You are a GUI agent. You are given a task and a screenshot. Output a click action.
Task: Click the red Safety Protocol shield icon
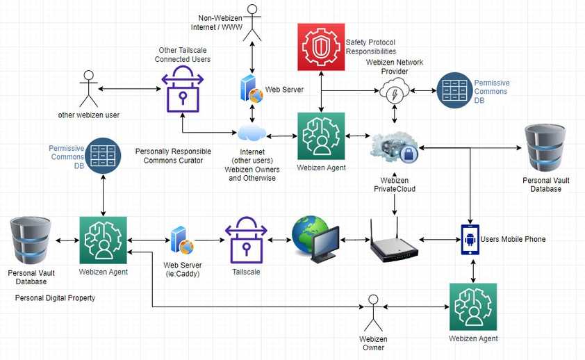321,47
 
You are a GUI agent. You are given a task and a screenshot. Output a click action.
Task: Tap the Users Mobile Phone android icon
471,240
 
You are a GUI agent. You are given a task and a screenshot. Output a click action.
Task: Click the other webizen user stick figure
88,88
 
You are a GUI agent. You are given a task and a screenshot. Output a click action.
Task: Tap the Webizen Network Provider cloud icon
395,90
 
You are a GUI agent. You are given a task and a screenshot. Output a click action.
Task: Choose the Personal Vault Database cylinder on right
545,148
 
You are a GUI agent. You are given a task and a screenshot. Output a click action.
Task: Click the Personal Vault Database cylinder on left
31,240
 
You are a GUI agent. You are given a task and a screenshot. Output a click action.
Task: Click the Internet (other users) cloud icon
251,133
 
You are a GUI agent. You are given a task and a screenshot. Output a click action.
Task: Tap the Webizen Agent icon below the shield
321,136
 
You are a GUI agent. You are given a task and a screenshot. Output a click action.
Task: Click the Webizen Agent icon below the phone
472,306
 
